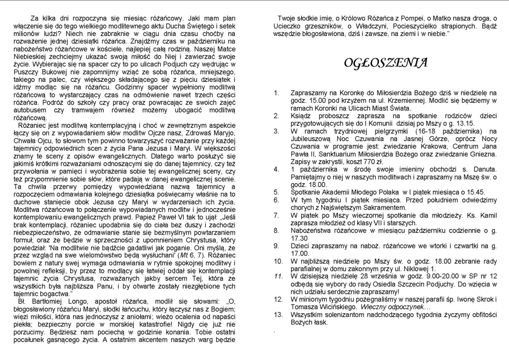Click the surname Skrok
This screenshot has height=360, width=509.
467,299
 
